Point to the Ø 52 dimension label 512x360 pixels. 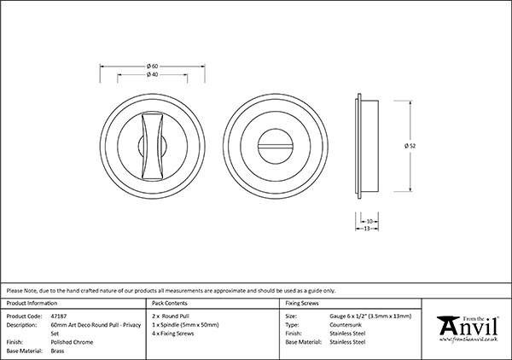pos(410,146)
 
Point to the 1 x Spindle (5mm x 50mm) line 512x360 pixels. pos(184,324)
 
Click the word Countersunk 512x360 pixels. pos(346,324)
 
